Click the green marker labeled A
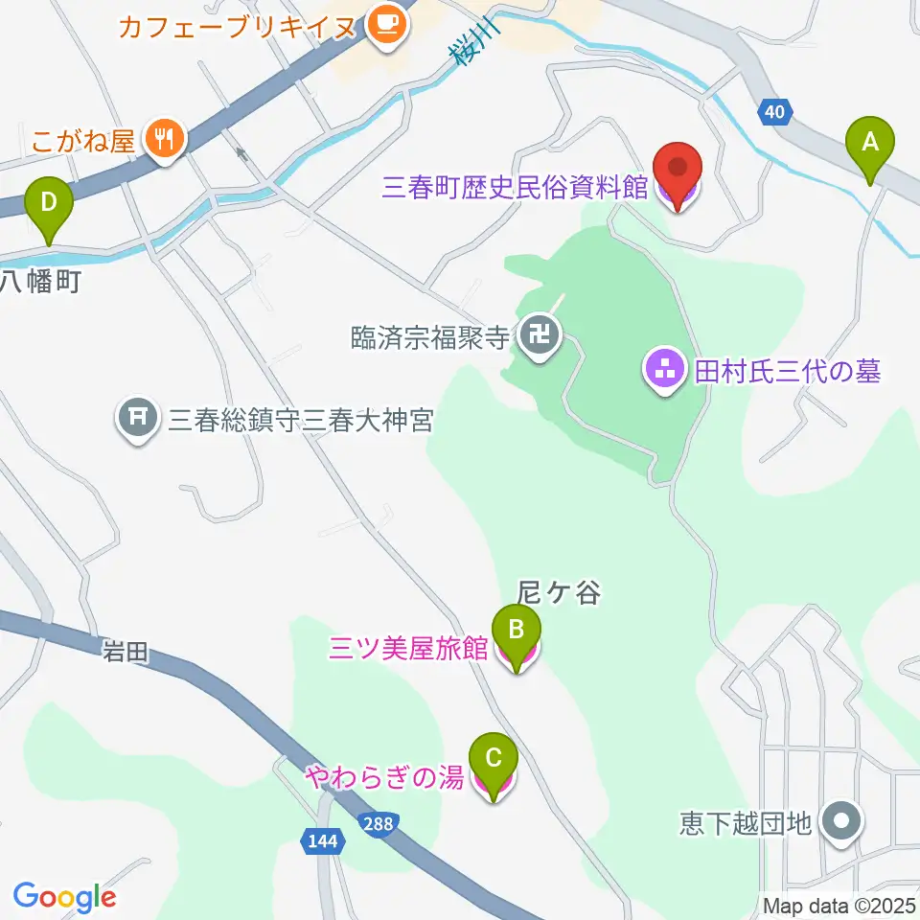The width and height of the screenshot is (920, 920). tap(870, 145)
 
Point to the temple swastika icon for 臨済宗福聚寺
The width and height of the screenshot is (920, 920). tap(540, 335)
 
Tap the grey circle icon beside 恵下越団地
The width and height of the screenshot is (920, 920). tap(843, 821)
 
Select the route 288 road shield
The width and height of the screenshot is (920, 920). tap(379, 823)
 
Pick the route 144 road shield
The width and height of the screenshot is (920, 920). tap(324, 840)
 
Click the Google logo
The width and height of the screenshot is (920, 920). tap(64, 897)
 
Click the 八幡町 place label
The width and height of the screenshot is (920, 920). tap(37, 280)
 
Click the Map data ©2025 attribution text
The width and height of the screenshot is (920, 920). tap(838, 905)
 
